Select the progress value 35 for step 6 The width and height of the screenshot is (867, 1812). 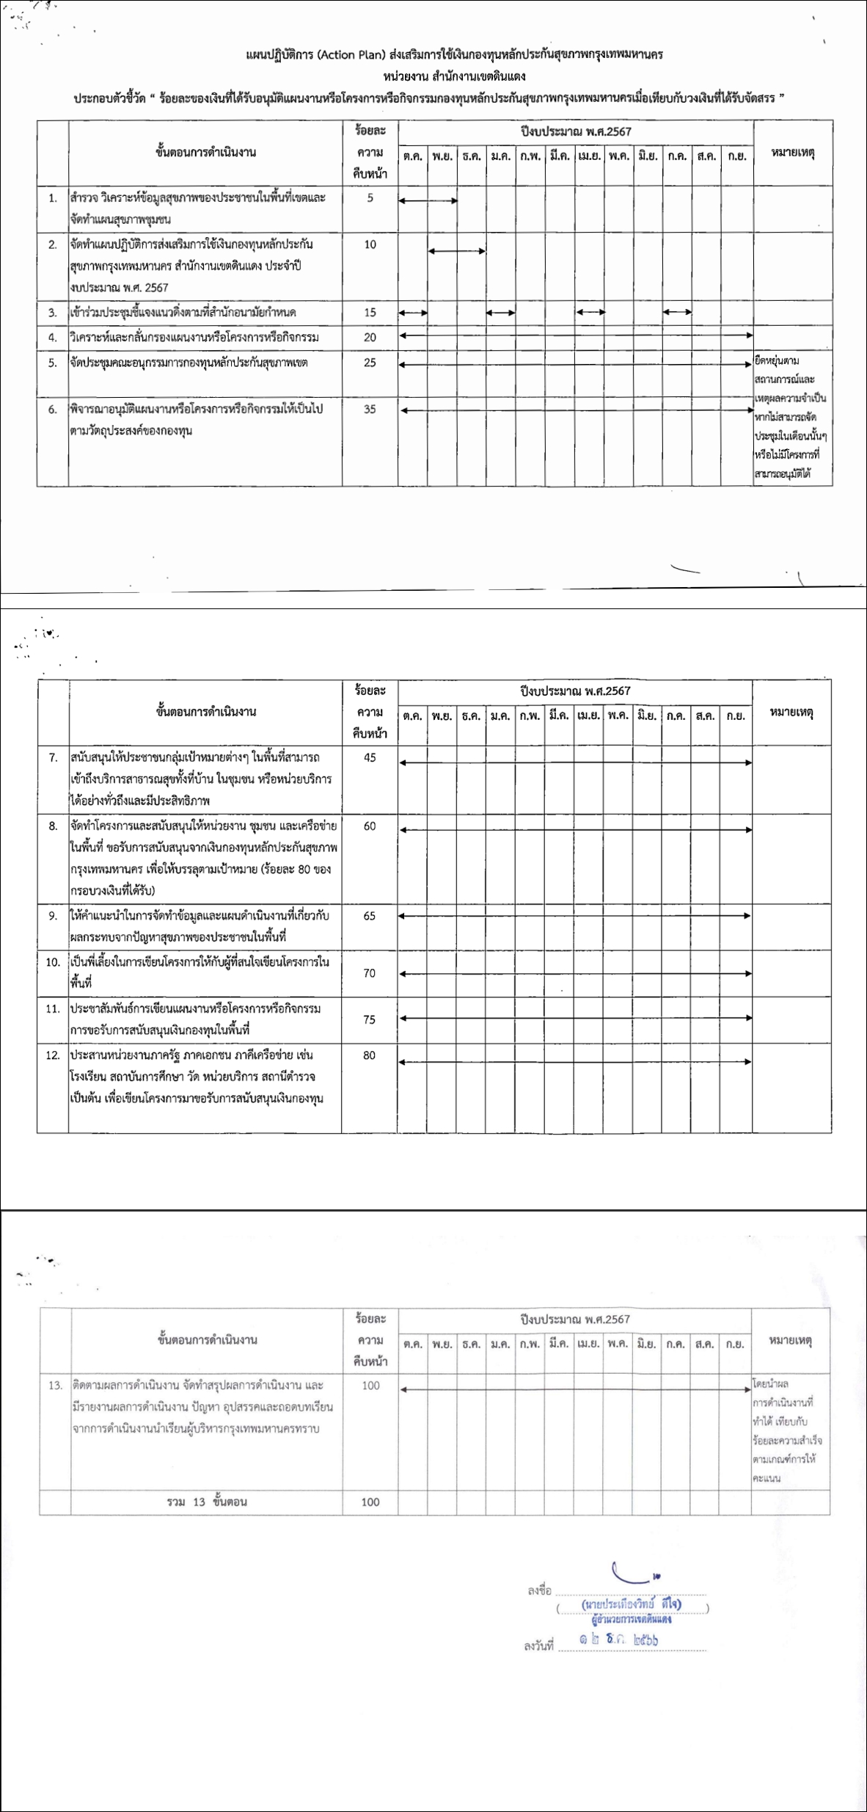(x=370, y=410)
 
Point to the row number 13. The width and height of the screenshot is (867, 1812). (x=55, y=1386)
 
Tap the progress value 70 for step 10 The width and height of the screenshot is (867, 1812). (x=370, y=973)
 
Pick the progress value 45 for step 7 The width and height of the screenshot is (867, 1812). (x=370, y=757)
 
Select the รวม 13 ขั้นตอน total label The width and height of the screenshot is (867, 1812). (x=207, y=1502)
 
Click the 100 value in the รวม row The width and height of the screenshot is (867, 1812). (x=370, y=1502)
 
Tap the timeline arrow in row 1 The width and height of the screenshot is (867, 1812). (x=428, y=200)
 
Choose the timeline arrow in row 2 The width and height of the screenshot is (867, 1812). (x=456, y=252)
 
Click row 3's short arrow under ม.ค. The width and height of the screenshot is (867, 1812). (x=500, y=313)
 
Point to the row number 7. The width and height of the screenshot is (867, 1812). (x=53, y=757)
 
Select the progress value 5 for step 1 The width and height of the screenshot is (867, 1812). (x=370, y=197)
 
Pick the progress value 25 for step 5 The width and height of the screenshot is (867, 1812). (x=370, y=363)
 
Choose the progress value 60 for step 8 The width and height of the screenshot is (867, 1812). (x=370, y=826)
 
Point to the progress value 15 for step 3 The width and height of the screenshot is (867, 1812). (x=370, y=313)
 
